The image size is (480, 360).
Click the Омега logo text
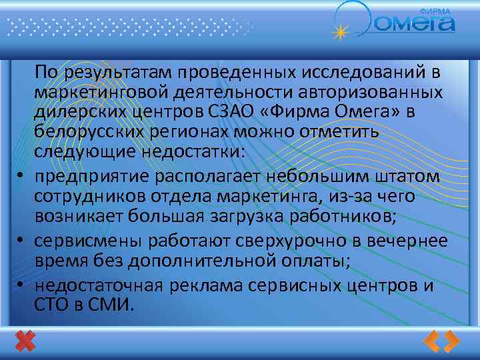415,24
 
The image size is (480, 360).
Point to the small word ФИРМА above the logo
435,11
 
